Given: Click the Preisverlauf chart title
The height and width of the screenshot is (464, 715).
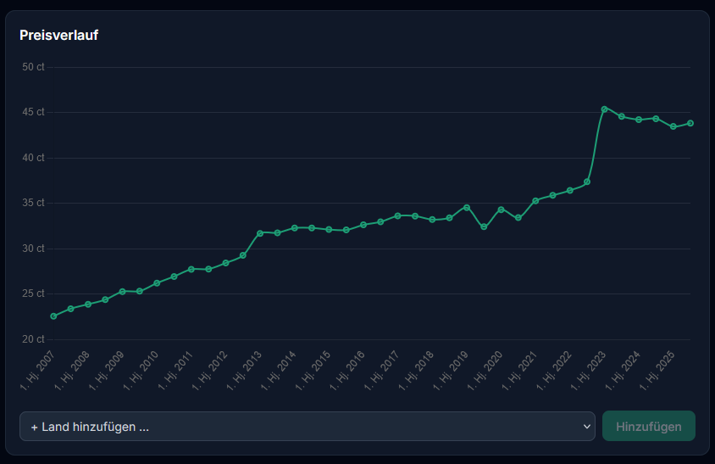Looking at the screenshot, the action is [58, 35].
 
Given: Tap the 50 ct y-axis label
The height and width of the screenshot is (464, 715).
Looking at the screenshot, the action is [33, 67].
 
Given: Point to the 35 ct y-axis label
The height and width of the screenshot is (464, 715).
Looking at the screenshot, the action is [33, 203].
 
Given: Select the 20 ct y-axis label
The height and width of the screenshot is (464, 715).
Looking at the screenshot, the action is [33, 339].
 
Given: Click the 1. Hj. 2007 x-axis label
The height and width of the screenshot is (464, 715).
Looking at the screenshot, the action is [37, 371].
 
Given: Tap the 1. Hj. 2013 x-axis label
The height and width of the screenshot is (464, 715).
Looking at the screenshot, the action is [244, 371].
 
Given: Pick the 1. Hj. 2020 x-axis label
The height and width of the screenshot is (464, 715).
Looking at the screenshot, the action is [485, 371].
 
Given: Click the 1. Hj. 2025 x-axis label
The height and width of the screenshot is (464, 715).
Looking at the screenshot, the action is [657, 371].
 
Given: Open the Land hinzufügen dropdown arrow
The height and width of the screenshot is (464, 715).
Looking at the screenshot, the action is [586, 427].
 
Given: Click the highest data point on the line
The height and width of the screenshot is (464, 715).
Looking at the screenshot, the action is [605, 109].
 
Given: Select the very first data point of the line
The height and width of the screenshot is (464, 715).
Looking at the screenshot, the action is [53, 316].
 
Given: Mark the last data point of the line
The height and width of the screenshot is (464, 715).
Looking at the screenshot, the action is [690, 123].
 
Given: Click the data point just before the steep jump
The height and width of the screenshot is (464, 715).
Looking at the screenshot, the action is [587, 182].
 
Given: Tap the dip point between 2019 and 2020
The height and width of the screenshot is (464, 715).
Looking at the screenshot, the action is [484, 226].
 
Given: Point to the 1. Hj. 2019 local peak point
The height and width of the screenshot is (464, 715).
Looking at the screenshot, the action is [467, 208].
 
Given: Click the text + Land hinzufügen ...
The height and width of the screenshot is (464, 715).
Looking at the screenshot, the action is [90, 427].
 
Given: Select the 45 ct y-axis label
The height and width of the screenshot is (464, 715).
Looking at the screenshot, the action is [33, 112].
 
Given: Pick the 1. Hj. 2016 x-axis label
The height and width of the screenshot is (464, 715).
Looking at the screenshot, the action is [347, 371].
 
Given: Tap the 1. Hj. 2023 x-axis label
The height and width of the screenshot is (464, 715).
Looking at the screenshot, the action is [588, 371].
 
